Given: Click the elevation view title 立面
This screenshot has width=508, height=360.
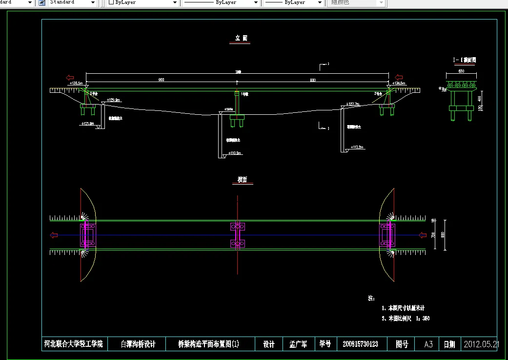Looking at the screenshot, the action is tap(240, 38).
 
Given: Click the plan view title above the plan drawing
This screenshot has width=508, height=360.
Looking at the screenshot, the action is tap(243, 180).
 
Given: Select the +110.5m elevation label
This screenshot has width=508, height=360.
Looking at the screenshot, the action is tap(235, 153).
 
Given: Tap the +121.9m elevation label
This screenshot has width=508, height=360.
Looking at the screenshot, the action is tap(87, 124).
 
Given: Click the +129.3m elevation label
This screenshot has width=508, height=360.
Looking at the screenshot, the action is tap(113, 100).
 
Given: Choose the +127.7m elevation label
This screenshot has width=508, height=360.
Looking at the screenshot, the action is tap(353, 104).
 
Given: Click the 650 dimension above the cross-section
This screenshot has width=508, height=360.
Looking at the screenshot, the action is tap(461, 71).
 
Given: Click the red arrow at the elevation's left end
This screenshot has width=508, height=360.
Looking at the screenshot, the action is tap(70, 77).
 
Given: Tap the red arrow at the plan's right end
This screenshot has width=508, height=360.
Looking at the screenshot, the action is tap(423, 235).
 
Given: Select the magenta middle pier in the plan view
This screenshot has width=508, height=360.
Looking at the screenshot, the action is tap(238, 235).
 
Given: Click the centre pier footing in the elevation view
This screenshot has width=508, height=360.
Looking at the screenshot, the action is tap(237, 117).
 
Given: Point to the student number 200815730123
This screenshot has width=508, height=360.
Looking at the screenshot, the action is tap(360, 344).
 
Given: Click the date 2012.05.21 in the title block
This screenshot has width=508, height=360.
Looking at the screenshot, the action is tap(481, 344).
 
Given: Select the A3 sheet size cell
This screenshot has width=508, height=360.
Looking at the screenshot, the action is tap(428, 344).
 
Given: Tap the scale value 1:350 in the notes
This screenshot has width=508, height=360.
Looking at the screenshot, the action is tap(423, 318).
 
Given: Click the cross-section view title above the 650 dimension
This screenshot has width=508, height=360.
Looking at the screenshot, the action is tap(464, 60).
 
